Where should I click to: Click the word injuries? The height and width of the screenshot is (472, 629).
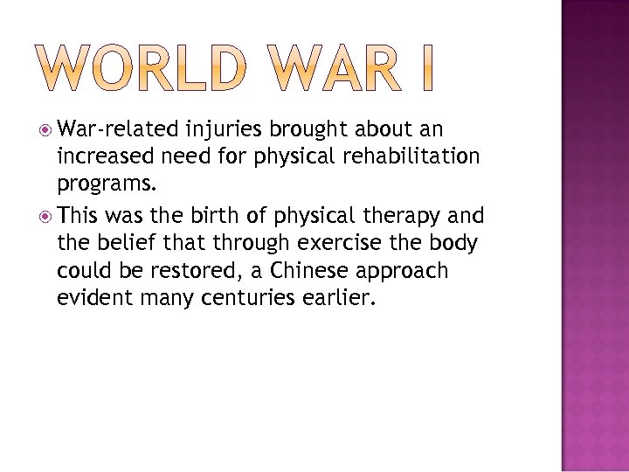(225, 130)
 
